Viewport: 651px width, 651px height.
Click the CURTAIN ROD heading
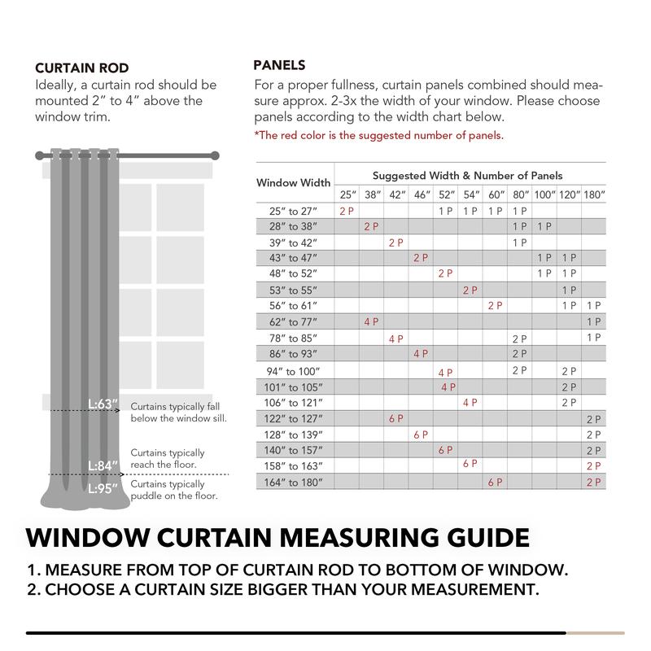pyautogui.click(x=81, y=68)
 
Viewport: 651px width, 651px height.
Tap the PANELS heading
pyautogui.click(x=279, y=65)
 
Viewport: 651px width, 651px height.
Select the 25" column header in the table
pyautogui.click(x=347, y=195)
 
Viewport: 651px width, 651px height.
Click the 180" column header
pyautogui.click(x=594, y=195)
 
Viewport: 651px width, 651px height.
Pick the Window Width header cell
pyautogui.click(x=294, y=183)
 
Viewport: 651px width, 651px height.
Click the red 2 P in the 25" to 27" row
pyautogui.click(x=347, y=211)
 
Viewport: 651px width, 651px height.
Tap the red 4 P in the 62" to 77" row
pyautogui.click(x=372, y=321)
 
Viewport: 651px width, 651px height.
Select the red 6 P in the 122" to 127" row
pyautogui.click(x=396, y=419)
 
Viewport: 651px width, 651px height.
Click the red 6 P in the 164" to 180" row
pyautogui.click(x=495, y=483)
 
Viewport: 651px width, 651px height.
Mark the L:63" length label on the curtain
pyautogui.click(x=103, y=404)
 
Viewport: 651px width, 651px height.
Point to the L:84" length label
pyautogui.click(x=103, y=466)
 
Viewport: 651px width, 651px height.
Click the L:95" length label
pyautogui.click(x=103, y=488)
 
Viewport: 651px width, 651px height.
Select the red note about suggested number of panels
pyautogui.click(x=378, y=135)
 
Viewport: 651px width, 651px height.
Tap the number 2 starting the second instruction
pyautogui.click(x=33, y=588)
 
